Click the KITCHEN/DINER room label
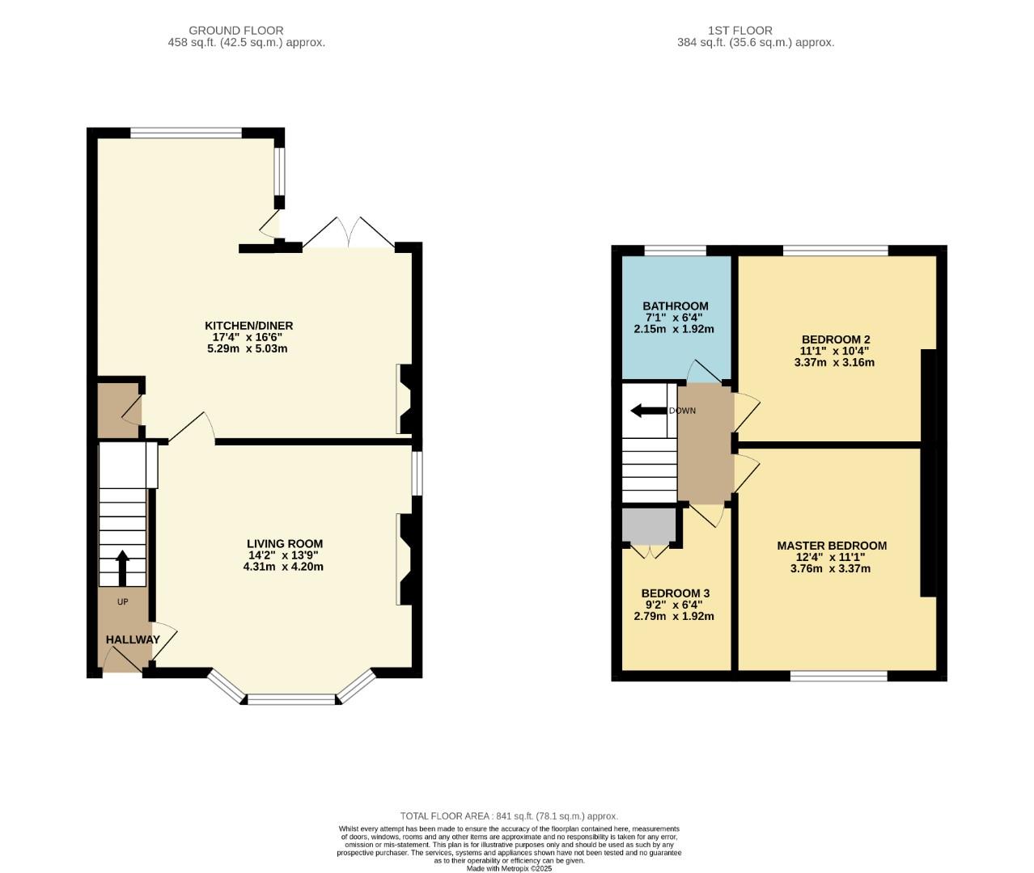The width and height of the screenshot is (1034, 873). [x=248, y=326]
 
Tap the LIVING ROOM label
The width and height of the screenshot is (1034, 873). [x=285, y=544]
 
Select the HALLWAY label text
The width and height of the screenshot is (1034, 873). [x=133, y=639]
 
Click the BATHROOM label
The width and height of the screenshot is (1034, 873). [x=675, y=306]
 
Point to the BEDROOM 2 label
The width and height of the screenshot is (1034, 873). [x=836, y=339]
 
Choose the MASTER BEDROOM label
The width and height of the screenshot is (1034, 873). [x=831, y=546]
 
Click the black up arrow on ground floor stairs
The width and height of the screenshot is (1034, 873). [x=122, y=567]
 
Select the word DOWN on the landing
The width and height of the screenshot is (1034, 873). [x=682, y=411]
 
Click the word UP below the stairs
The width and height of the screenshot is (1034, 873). [x=123, y=601]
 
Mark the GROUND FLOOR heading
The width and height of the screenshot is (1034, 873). [x=236, y=31]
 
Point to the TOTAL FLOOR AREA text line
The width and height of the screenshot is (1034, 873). [x=509, y=816]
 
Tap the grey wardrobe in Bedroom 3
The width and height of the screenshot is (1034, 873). [x=648, y=525]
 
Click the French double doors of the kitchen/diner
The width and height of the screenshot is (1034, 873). [x=348, y=234]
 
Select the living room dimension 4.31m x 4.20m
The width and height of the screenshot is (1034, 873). [x=283, y=567]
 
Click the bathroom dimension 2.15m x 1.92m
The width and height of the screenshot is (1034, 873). [x=674, y=329]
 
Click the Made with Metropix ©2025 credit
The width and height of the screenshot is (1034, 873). [x=509, y=868]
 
